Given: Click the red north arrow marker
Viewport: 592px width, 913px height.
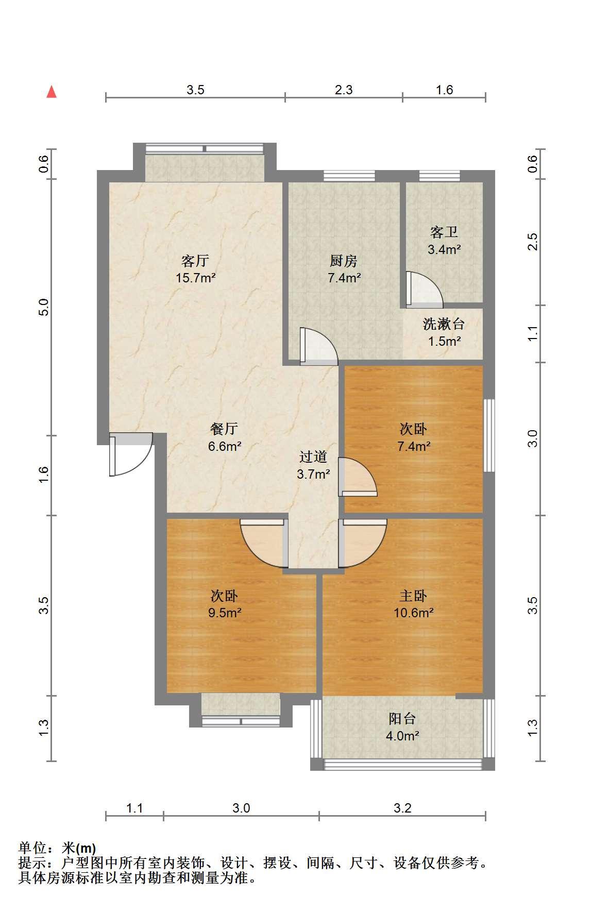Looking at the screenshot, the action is (x=52, y=92).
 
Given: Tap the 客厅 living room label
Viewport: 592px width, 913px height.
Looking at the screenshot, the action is (x=195, y=261).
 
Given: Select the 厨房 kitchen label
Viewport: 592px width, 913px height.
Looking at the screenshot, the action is (x=344, y=261).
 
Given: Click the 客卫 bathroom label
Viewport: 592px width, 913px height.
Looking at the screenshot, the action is (x=444, y=232).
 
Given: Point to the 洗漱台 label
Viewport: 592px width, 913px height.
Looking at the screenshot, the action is (x=444, y=324).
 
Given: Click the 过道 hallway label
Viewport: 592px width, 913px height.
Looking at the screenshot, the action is (x=313, y=457).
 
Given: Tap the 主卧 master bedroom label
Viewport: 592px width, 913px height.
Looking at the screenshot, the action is (x=413, y=596).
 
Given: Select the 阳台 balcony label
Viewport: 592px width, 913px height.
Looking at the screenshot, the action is (x=402, y=719).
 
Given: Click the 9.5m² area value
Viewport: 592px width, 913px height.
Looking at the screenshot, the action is (x=225, y=613).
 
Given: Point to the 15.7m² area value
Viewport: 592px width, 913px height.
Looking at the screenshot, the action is (x=195, y=278).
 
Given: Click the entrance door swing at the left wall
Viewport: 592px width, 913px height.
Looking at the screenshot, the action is (x=131, y=454).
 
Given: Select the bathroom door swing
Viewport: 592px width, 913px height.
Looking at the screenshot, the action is (x=424, y=289).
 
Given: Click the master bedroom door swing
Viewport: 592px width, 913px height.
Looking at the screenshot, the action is (x=362, y=543).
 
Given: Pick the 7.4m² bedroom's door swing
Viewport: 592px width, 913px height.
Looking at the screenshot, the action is (x=358, y=477).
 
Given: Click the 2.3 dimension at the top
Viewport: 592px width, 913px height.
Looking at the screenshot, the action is (x=344, y=90).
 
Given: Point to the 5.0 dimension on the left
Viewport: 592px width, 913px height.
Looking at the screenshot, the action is (x=44, y=308).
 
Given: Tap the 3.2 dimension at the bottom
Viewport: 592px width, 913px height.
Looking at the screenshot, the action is (x=402, y=808).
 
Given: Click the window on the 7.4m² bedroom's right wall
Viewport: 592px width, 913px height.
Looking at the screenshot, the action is (x=489, y=435).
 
